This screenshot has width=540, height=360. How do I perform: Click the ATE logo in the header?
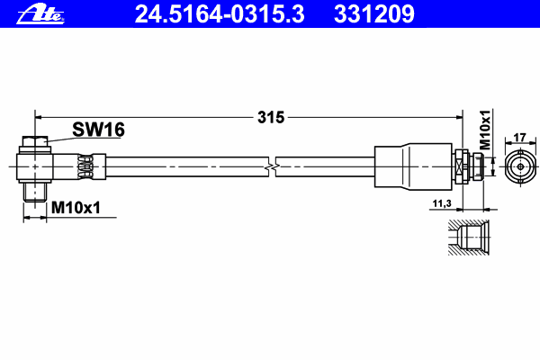pos(40,14)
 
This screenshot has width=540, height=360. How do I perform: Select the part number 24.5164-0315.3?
pos(220,14)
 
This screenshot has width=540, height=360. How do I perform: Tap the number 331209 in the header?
pos(374,14)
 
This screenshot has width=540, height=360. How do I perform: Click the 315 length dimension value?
pos(271,118)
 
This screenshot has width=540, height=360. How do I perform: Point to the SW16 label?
pos(98,130)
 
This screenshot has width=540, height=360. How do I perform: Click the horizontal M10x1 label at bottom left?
pos(76,208)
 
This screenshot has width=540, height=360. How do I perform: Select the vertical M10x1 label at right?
pos(485,130)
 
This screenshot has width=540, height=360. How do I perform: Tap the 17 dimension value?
pos(519,138)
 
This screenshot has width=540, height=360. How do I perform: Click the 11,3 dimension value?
pos(442,203)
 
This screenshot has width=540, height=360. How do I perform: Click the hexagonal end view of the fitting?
pos(520,166)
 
